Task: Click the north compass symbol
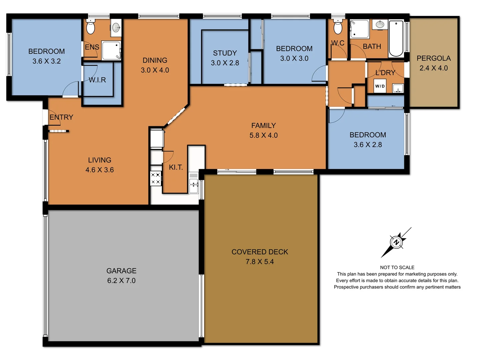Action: [x=396, y=242]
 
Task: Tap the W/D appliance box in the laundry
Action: [x=380, y=86]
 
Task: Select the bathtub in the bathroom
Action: [x=396, y=39]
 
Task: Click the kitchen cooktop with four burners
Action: [x=155, y=178]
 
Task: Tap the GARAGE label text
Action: [x=121, y=271]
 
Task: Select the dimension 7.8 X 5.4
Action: [x=260, y=262]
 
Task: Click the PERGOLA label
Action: [x=433, y=58]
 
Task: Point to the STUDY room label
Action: [x=225, y=53]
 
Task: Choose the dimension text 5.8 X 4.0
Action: [x=263, y=135]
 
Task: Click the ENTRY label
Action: [x=61, y=117]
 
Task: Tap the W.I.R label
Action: [x=97, y=80]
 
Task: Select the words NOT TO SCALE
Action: [x=397, y=267]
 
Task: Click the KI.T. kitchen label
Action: [x=176, y=167]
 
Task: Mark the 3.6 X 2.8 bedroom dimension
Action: [x=368, y=145]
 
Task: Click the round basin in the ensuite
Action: [x=116, y=27]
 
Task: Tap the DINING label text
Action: [x=155, y=60]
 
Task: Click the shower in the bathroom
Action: [x=359, y=29]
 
